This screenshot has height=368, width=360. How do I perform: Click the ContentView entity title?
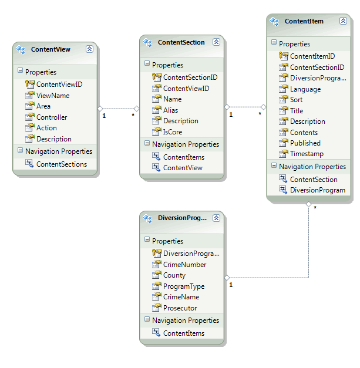[x=51, y=49]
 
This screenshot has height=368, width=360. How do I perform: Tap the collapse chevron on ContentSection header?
[x=216, y=42]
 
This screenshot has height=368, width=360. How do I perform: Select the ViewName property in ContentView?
[x=53, y=95]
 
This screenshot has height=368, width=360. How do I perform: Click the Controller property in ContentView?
[x=52, y=117]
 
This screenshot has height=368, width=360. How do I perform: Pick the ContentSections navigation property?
[x=61, y=164]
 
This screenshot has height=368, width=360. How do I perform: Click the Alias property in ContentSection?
[x=171, y=110]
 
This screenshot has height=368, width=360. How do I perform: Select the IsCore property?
[x=173, y=132]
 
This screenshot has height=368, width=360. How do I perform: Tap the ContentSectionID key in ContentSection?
[x=190, y=77]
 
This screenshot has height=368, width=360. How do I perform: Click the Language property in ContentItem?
[x=305, y=89]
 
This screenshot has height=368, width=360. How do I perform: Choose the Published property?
[x=305, y=143]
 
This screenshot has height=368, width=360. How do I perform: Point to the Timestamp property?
[x=307, y=154]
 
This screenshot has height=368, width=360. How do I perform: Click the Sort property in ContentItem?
[x=297, y=100]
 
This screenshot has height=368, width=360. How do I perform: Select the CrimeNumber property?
[x=184, y=265]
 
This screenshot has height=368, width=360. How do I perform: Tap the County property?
[x=174, y=275]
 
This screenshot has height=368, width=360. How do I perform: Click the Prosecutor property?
[x=180, y=308]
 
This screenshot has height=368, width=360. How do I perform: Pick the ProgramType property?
[x=184, y=286]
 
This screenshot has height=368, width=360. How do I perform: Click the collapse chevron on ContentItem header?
[x=343, y=21]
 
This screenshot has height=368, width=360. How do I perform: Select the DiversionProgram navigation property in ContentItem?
[x=317, y=190]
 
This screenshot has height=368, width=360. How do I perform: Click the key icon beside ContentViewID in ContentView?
[x=30, y=84]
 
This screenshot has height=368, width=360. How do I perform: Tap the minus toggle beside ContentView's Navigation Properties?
[x=20, y=151]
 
